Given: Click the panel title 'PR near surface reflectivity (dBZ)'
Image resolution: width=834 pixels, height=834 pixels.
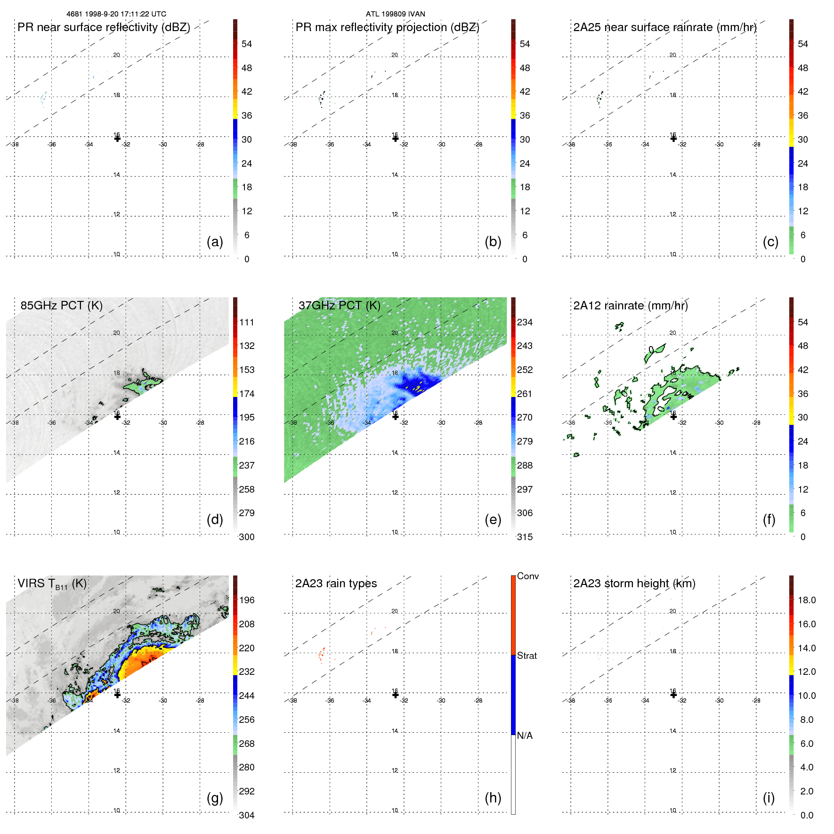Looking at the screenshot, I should coord(104,27).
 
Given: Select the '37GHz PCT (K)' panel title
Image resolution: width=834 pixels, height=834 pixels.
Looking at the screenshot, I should coord(339,305).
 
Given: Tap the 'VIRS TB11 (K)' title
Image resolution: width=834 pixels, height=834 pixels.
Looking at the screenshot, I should coord(52,584).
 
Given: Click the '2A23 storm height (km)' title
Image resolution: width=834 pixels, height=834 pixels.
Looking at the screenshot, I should coord(634,583).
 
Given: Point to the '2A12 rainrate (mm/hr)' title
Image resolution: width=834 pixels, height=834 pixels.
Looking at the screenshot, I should coord(630,305).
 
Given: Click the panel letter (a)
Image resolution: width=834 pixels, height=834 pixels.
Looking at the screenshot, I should coord(215,242).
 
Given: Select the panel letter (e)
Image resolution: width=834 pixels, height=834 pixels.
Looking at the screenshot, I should coord(493,519).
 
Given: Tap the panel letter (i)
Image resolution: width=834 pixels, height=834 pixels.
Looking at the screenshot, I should coord(769,798).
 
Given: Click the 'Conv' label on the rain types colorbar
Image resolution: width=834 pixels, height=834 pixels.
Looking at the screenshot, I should coord(527,576).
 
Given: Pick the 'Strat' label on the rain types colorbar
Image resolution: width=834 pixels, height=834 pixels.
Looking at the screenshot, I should coord(526,656).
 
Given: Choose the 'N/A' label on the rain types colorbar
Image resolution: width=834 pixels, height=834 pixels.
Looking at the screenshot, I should coord(525,736).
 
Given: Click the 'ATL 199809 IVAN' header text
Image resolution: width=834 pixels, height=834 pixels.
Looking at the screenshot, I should coord(395,14).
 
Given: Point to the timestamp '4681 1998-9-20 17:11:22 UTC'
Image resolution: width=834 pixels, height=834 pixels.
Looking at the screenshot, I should coord(116,14).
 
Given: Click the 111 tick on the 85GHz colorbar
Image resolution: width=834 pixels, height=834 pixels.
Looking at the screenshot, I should coord(247,322).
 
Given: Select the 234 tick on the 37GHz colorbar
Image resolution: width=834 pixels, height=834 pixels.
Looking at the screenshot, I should coord(525,322).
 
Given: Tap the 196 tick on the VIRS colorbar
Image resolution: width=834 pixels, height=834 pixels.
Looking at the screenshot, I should coord(247,600).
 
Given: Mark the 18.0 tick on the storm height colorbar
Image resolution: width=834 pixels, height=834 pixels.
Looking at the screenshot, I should coord(807,600).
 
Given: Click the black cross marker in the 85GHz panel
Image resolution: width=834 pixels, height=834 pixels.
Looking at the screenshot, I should coord(117,416).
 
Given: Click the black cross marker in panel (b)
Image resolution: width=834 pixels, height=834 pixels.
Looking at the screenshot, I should coord(395,138).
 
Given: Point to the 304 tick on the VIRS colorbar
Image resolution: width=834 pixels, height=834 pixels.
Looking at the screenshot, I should coord(247,815).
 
